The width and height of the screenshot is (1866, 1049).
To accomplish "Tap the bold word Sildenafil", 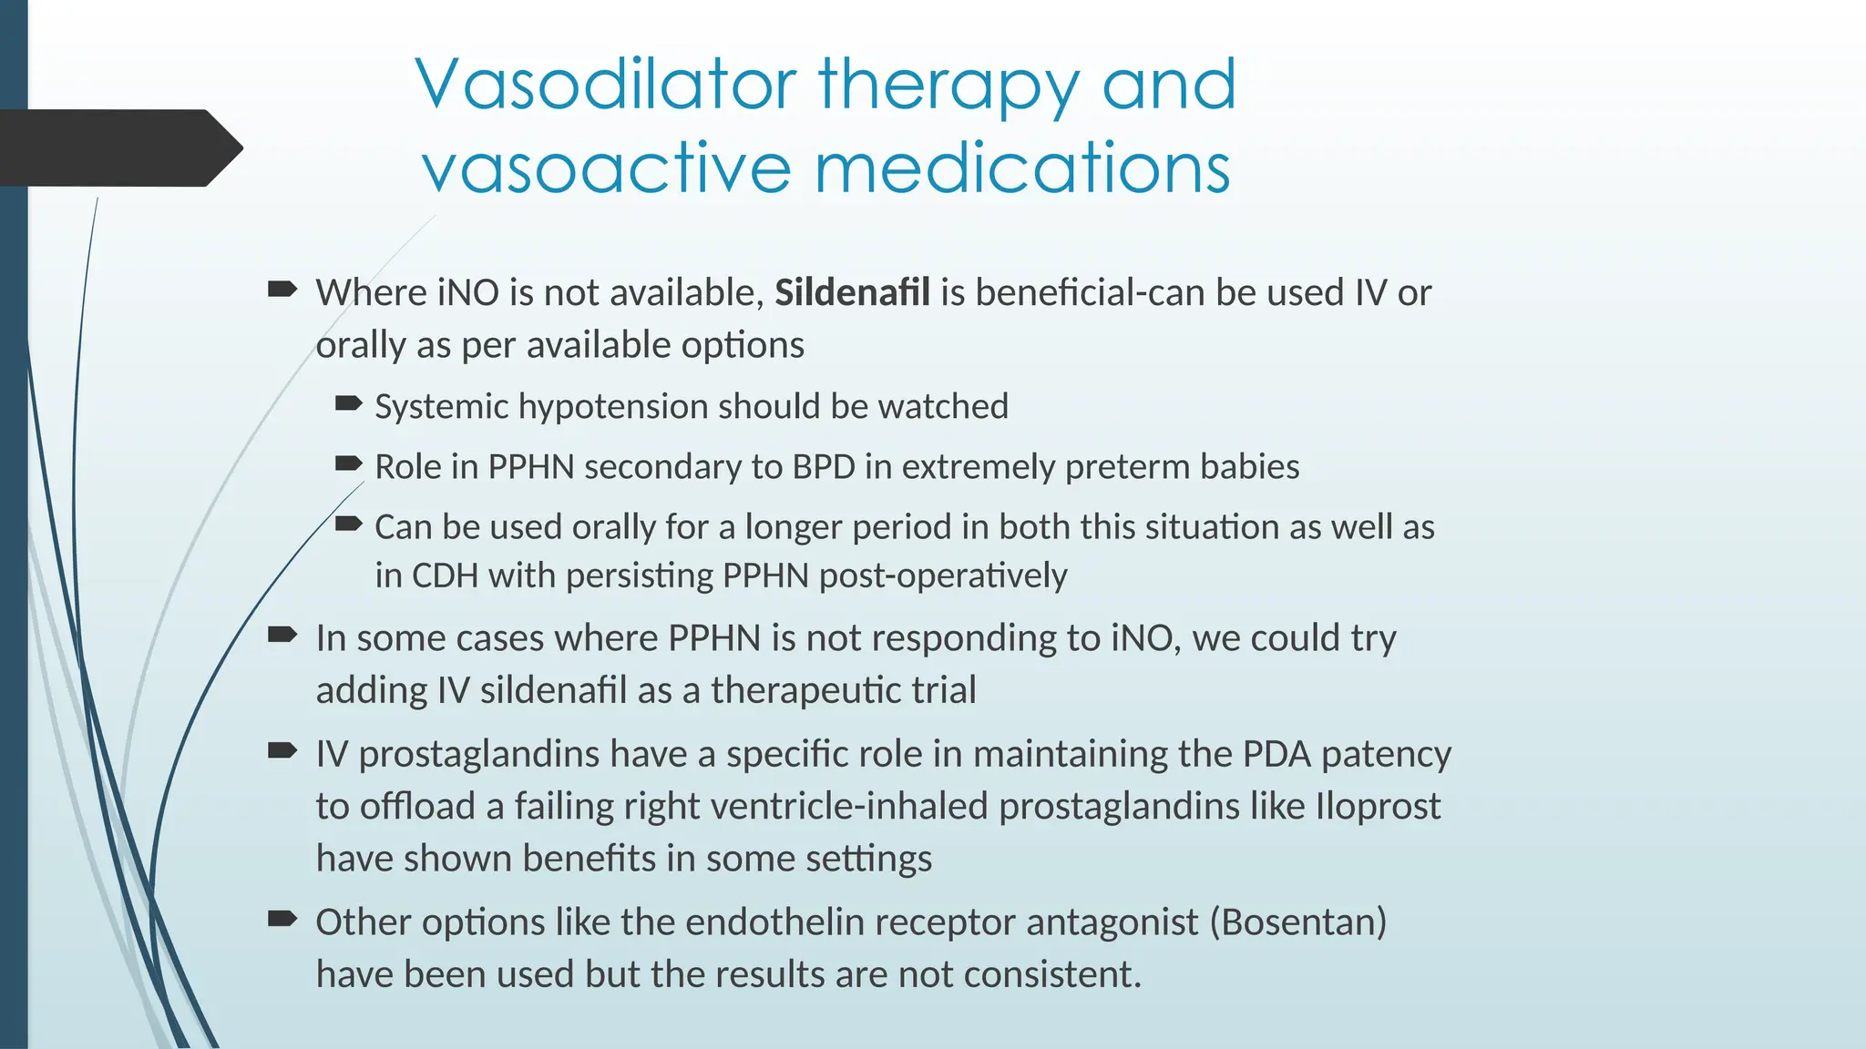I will [852, 293].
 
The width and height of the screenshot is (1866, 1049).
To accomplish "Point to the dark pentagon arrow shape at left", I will [118, 148].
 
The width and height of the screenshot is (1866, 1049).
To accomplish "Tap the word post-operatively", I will [942, 576].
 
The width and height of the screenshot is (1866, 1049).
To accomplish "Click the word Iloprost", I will [1378, 807].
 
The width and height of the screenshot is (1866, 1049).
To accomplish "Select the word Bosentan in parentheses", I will [1297, 922].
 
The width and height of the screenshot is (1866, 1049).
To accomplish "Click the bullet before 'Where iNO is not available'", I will [282, 290].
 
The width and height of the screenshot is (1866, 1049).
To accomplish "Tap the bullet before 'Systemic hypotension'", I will [349, 403].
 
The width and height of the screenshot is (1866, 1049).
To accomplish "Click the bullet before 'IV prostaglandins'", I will [282, 751].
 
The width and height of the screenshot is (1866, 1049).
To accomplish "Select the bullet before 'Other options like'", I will [282, 919].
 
